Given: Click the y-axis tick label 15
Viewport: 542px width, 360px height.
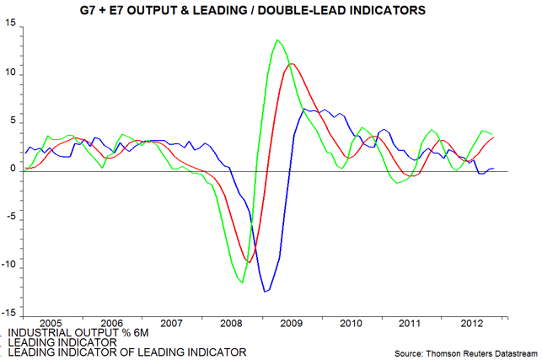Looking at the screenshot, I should (x=12, y=24).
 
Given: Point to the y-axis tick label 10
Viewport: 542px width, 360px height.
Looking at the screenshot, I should (x=12, y=73).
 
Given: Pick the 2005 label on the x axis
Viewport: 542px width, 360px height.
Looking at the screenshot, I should (x=51, y=323).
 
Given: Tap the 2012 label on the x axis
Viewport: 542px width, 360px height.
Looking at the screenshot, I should (x=470, y=323).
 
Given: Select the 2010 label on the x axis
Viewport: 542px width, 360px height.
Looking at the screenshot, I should (x=351, y=323).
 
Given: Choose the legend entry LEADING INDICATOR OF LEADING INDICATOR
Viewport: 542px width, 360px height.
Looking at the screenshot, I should (x=126, y=352).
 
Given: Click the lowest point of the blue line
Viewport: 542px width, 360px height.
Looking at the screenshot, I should (x=266, y=292).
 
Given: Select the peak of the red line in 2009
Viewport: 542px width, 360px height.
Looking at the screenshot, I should (x=292, y=64).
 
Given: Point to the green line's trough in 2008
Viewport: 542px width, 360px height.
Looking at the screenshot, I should (x=243, y=283).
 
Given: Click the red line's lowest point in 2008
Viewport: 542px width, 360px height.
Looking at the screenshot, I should (x=249, y=261).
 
